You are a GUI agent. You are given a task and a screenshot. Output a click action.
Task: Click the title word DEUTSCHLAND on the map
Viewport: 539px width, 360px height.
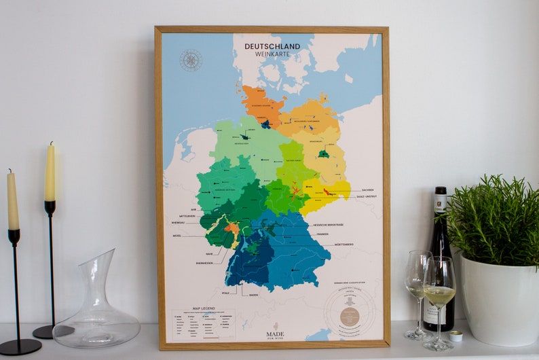[x=272, y=46]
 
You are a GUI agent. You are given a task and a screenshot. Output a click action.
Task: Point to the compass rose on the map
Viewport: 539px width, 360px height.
[x=191, y=60]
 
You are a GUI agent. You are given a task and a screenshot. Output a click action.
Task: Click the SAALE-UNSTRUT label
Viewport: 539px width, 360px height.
[x=365, y=196]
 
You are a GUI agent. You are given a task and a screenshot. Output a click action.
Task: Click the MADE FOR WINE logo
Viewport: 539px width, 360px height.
[x=275, y=330]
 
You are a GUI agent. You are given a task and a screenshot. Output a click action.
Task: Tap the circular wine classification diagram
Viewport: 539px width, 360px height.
[x=350, y=314]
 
